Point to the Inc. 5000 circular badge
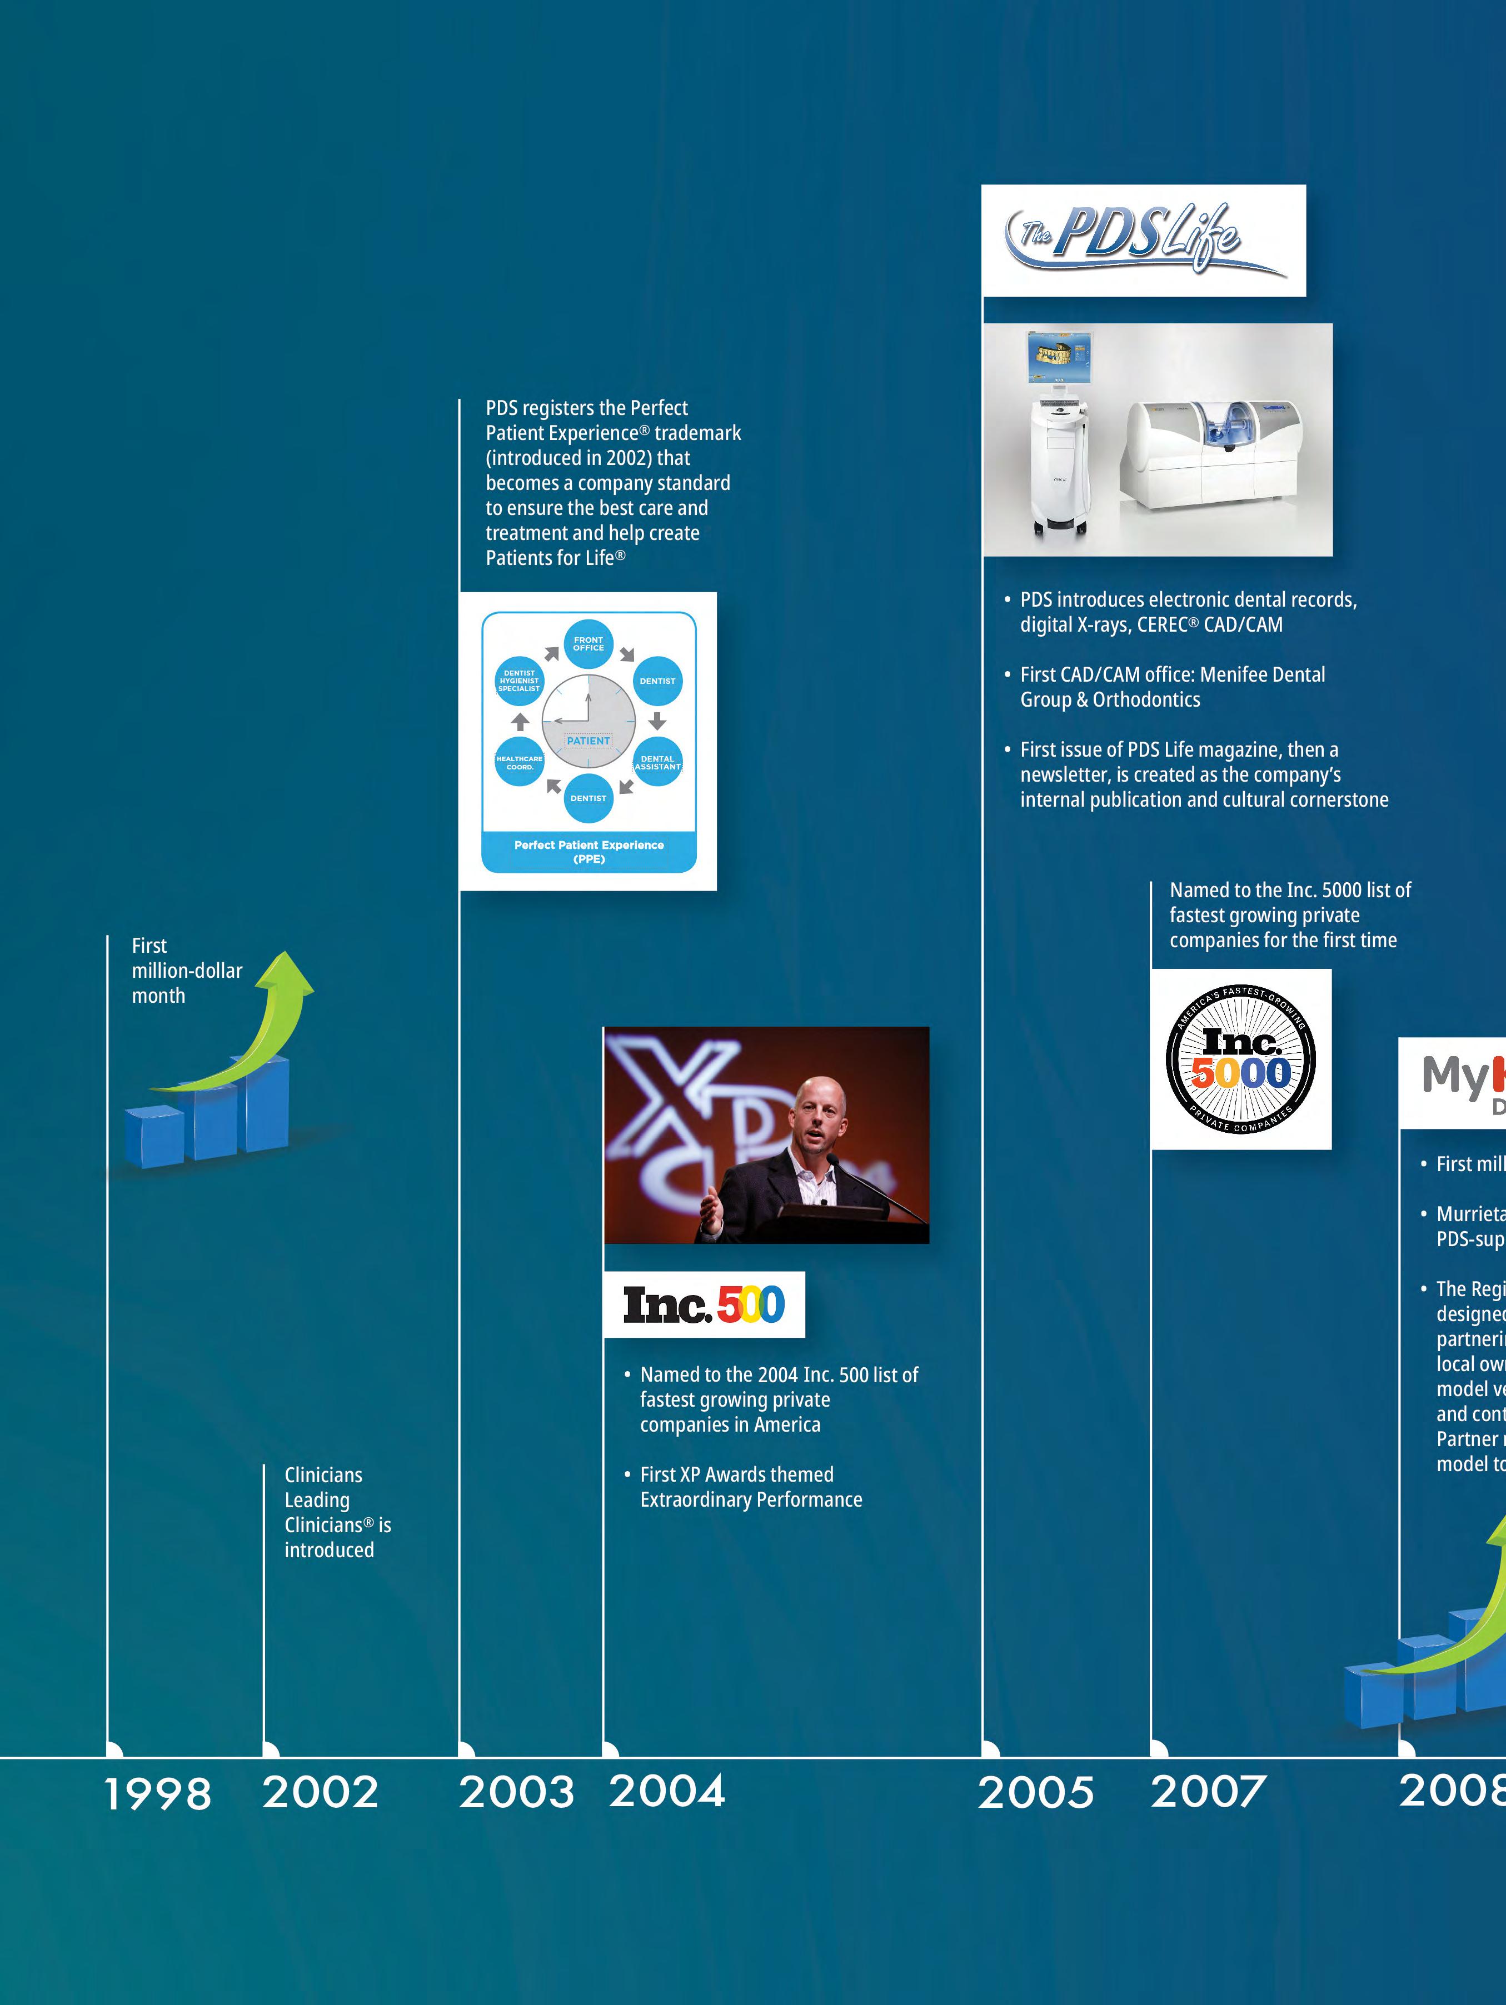[1240, 1059]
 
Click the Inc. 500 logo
[704, 1304]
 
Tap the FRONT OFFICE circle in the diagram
[589, 643]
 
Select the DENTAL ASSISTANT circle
[657, 762]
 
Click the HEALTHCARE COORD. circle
[520, 762]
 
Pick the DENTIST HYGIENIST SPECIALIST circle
[520, 681]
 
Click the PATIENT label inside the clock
[589, 741]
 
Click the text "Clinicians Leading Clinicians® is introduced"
[336, 1512]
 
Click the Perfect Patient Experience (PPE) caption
[589, 851]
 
